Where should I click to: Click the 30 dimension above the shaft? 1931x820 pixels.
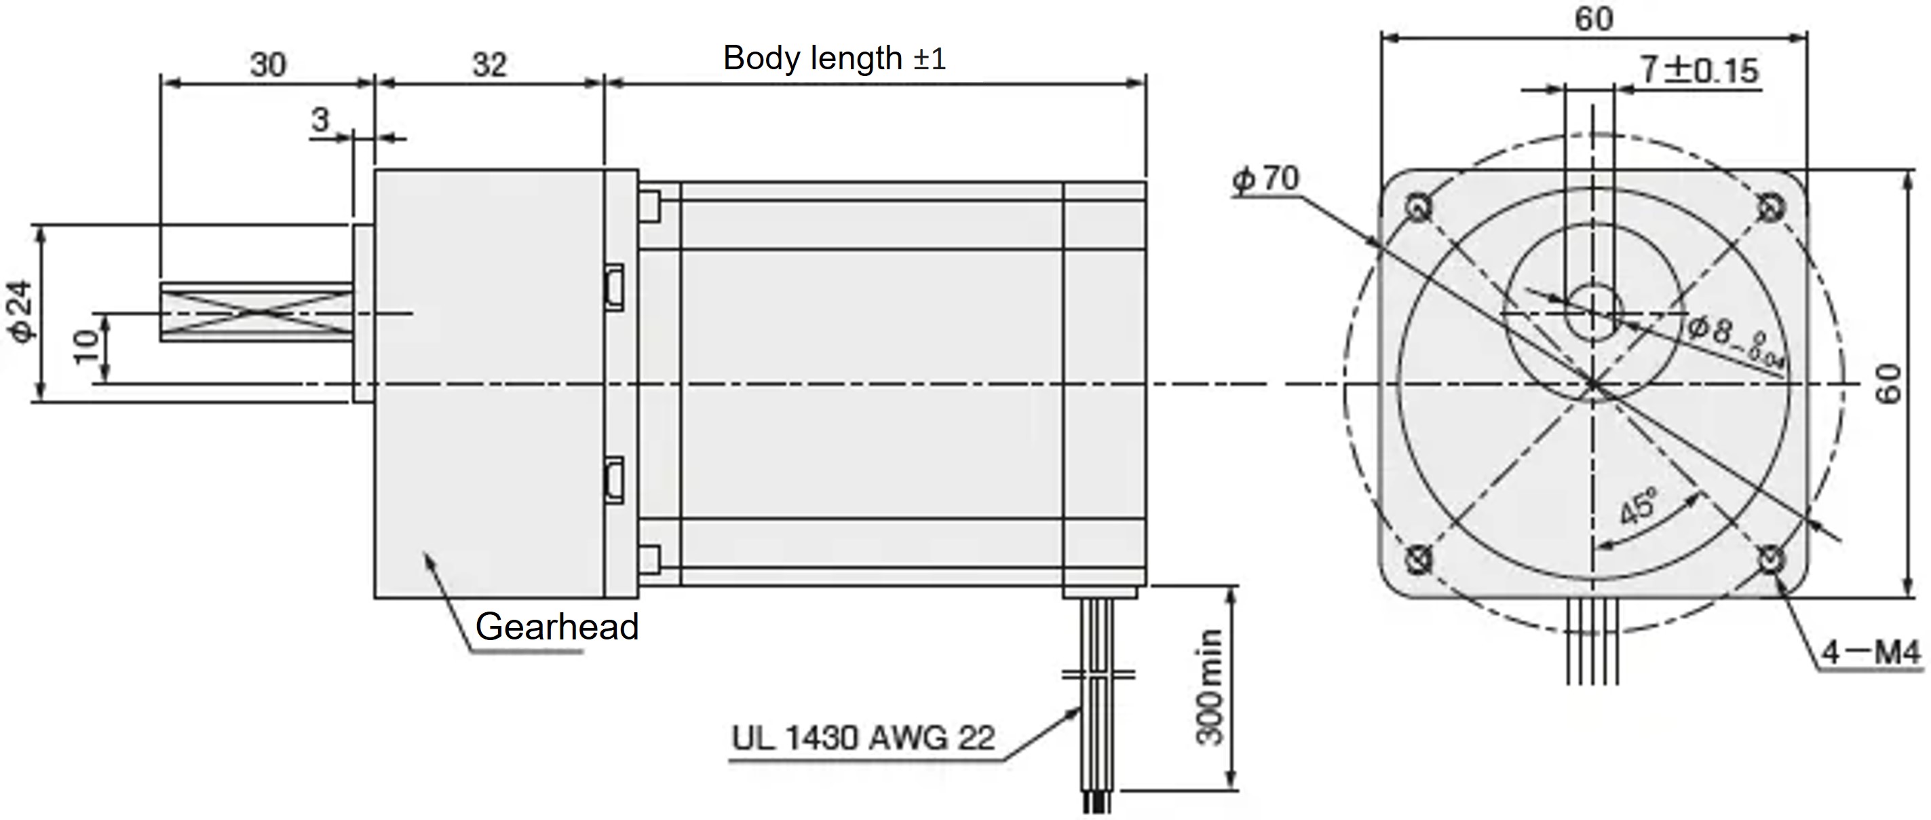coord(267,64)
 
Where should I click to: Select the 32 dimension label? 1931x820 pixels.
coord(489,64)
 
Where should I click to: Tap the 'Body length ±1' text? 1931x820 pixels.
coord(835,58)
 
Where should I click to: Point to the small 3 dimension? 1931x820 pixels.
coord(320,120)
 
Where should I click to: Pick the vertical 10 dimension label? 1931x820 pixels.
coord(87,347)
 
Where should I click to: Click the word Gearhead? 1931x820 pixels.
coord(556,627)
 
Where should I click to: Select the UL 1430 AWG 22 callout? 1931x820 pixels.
coord(863,739)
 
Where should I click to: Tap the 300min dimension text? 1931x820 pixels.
coord(1208,687)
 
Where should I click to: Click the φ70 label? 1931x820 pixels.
coord(1266,179)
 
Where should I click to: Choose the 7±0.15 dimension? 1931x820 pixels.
coord(1699,71)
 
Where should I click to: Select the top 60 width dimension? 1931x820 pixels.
coord(1593,19)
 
